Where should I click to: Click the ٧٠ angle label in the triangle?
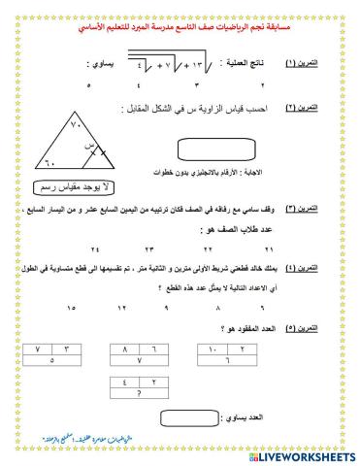61,117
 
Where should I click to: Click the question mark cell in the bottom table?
181,395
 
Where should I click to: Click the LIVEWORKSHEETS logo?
304,456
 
